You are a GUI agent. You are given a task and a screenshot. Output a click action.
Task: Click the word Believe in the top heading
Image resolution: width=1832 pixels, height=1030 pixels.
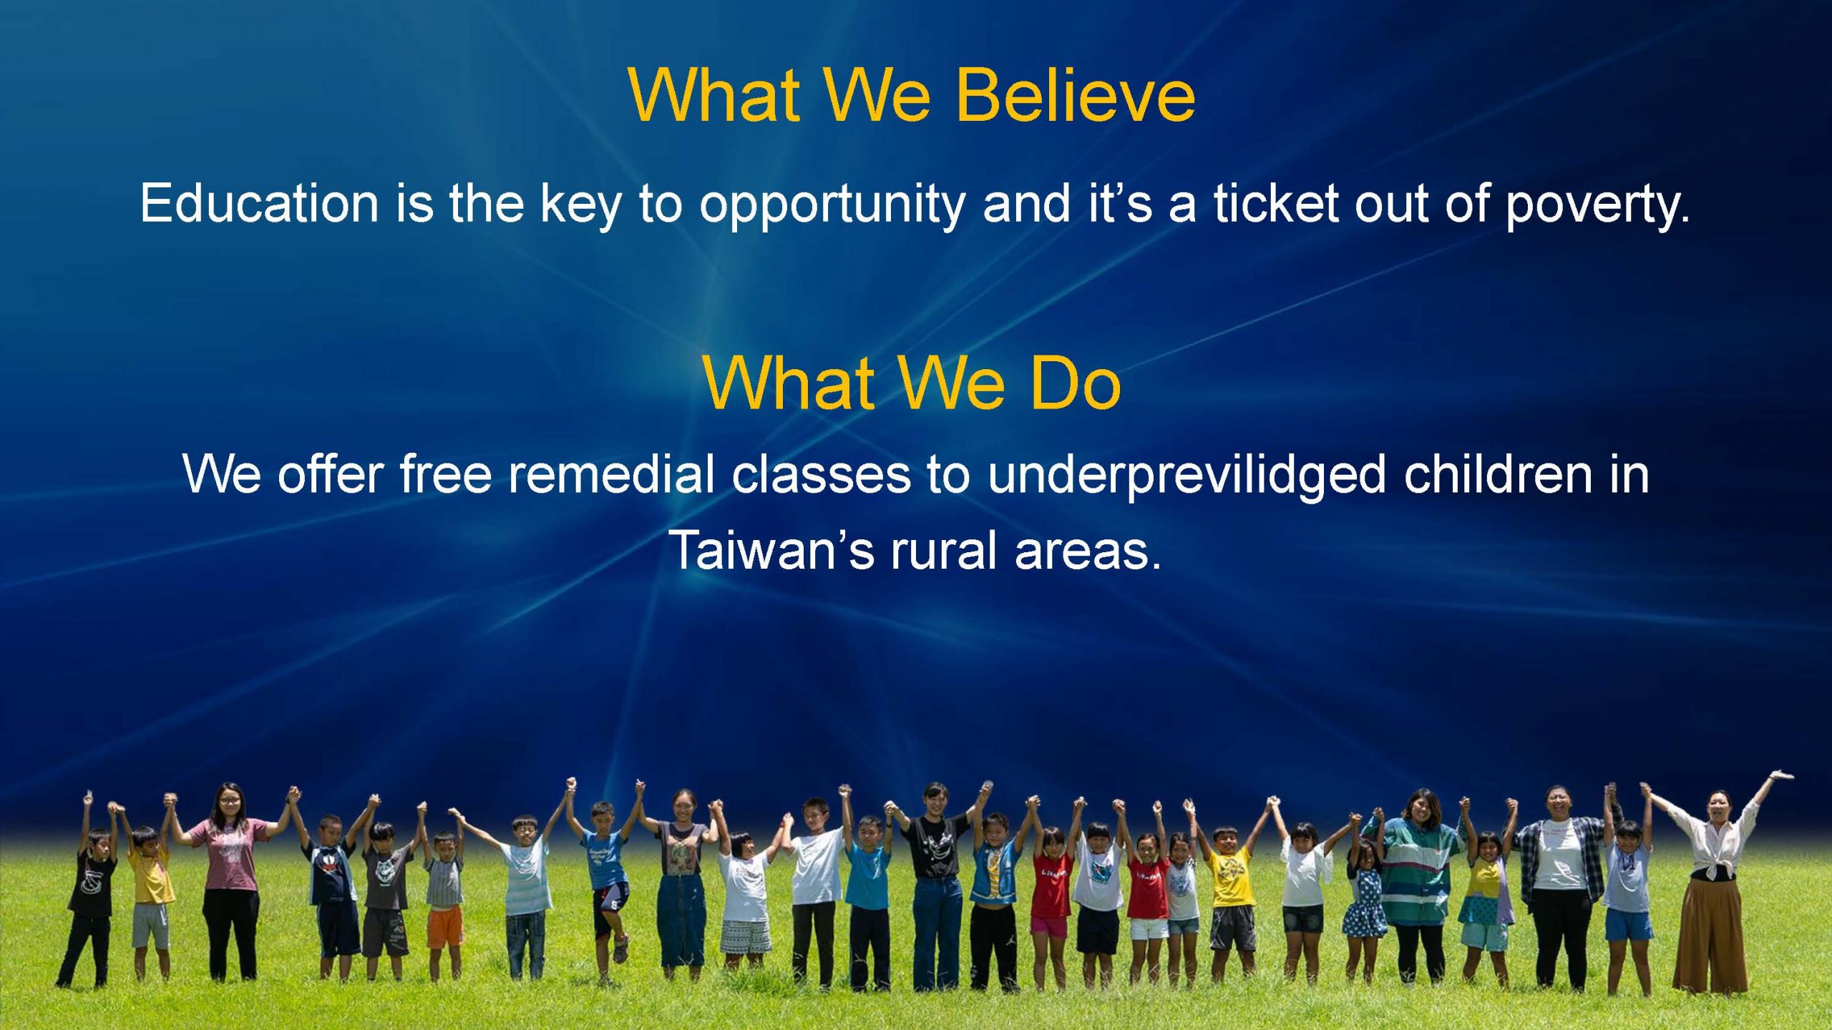click(x=1076, y=95)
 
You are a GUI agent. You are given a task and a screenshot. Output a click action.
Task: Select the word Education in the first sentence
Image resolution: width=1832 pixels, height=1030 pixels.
click(x=259, y=203)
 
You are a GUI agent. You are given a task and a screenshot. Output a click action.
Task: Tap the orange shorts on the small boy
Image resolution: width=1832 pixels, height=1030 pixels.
click(x=445, y=927)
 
